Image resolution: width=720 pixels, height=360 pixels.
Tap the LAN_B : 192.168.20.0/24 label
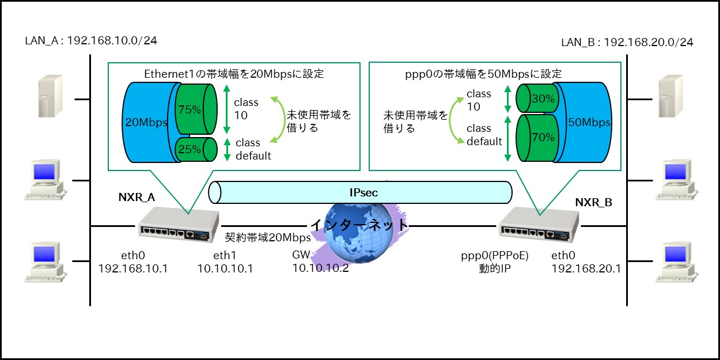pos(627,42)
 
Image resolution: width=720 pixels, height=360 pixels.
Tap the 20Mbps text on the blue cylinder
pos(146,122)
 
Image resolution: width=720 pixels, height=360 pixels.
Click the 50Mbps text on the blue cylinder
pos(589,122)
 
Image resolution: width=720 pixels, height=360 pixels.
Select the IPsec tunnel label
pos(363,192)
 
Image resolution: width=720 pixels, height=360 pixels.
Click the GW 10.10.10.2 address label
pos(320,262)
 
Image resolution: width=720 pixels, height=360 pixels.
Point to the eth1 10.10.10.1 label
pos(225,262)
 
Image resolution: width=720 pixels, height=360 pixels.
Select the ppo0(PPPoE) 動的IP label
pos(495,262)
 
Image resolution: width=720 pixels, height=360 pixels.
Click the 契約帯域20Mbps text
pos(267,237)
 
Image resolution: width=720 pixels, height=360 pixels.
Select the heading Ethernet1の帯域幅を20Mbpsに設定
pos(234,74)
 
